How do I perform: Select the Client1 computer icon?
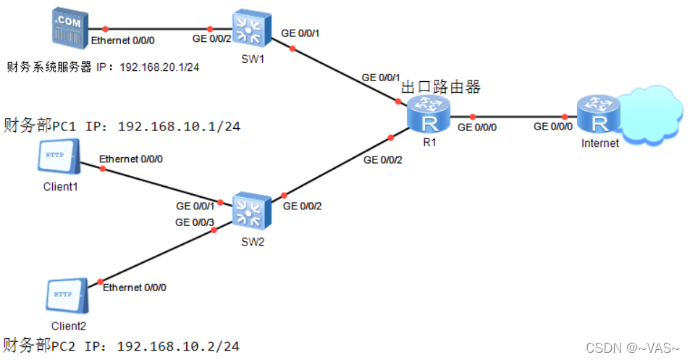coord(59,159)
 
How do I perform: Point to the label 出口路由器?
coord(441,88)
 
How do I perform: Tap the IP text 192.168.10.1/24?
coord(178,127)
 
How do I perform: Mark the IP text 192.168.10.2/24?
coord(178,346)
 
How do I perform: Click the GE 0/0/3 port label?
coord(195,222)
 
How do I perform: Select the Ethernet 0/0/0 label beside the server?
coord(122,42)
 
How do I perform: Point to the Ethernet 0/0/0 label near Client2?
coord(135,288)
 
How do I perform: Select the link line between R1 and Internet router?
coord(518,116)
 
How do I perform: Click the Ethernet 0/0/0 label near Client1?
coord(131,158)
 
